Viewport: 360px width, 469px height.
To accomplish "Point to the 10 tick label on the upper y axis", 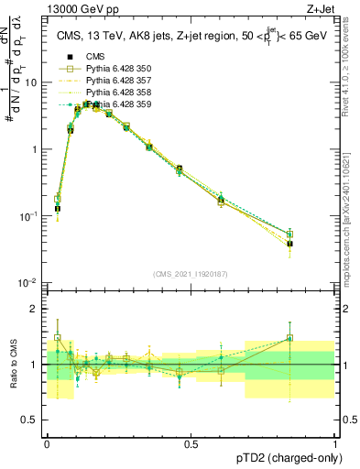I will [x=31, y=82].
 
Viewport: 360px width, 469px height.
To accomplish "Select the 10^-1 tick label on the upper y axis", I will [x=28, y=215].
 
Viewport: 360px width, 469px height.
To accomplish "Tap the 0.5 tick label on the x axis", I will [x=191, y=443].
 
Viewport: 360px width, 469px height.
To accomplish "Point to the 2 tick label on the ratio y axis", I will [x=34, y=309].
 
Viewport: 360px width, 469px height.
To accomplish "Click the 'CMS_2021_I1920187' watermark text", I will [x=191, y=272].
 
